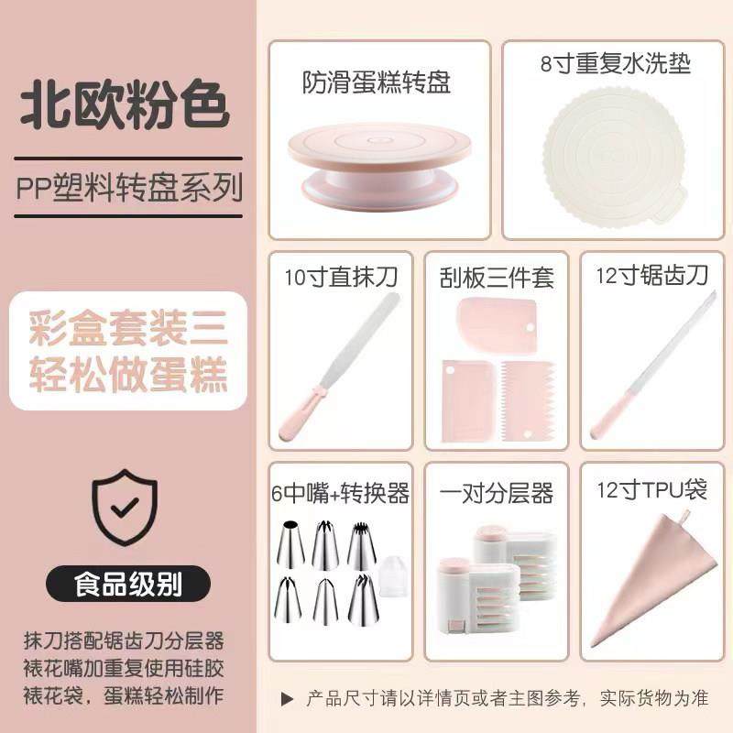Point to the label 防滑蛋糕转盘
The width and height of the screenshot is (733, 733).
point(377,83)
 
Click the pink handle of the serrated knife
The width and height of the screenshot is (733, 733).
point(608,420)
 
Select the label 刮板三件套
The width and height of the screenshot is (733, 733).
point(497,278)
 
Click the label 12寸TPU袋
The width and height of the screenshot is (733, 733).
point(651,490)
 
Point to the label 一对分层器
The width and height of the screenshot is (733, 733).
point(498,494)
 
